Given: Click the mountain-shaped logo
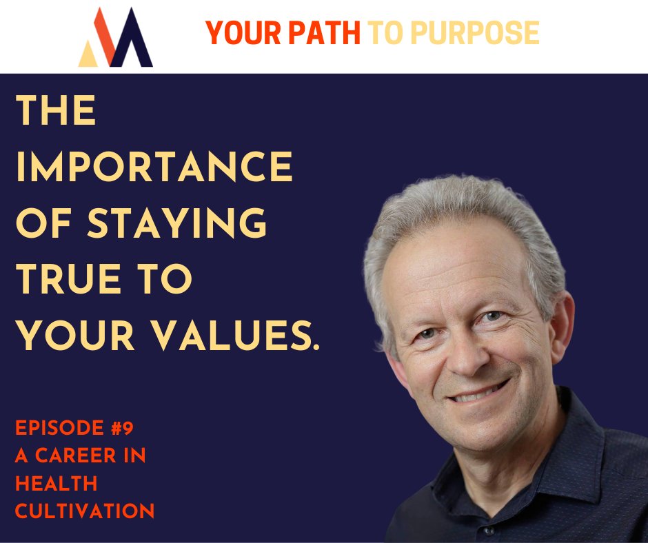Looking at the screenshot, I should tap(115, 38).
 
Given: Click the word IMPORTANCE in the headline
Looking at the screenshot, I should tap(154, 167).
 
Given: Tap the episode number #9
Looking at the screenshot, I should tap(121, 429).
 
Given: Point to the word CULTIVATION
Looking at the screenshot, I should tap(85, 511).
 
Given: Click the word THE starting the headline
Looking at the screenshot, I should tap(56, 111).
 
